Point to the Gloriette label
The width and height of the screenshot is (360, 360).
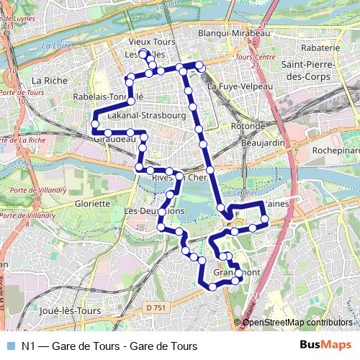pos(92,203)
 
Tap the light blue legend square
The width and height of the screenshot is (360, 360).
pos(9,346)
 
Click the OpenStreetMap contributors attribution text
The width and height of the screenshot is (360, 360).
pos(297,322)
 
